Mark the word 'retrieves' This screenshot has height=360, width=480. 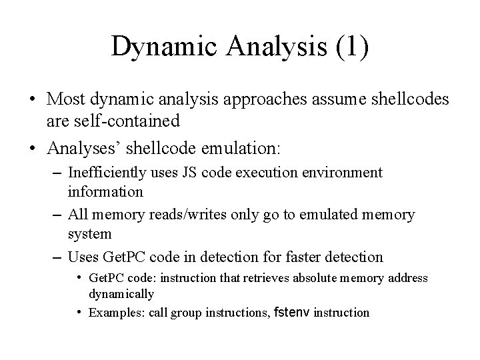pos(251,277)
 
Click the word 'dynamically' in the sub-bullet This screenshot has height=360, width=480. pos(121,293)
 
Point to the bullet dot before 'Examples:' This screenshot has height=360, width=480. pos(79,311)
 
